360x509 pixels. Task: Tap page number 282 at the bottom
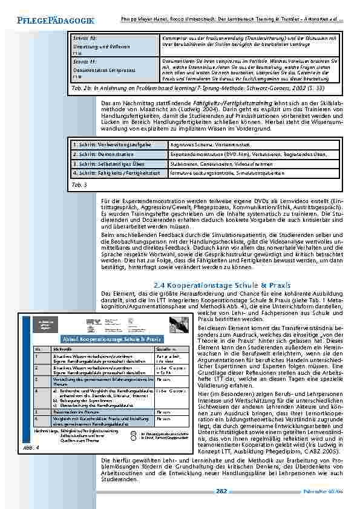coord(222,490)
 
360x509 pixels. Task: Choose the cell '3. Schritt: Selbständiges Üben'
coord(103,163)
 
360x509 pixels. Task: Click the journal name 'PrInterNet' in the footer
coord(324,490)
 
